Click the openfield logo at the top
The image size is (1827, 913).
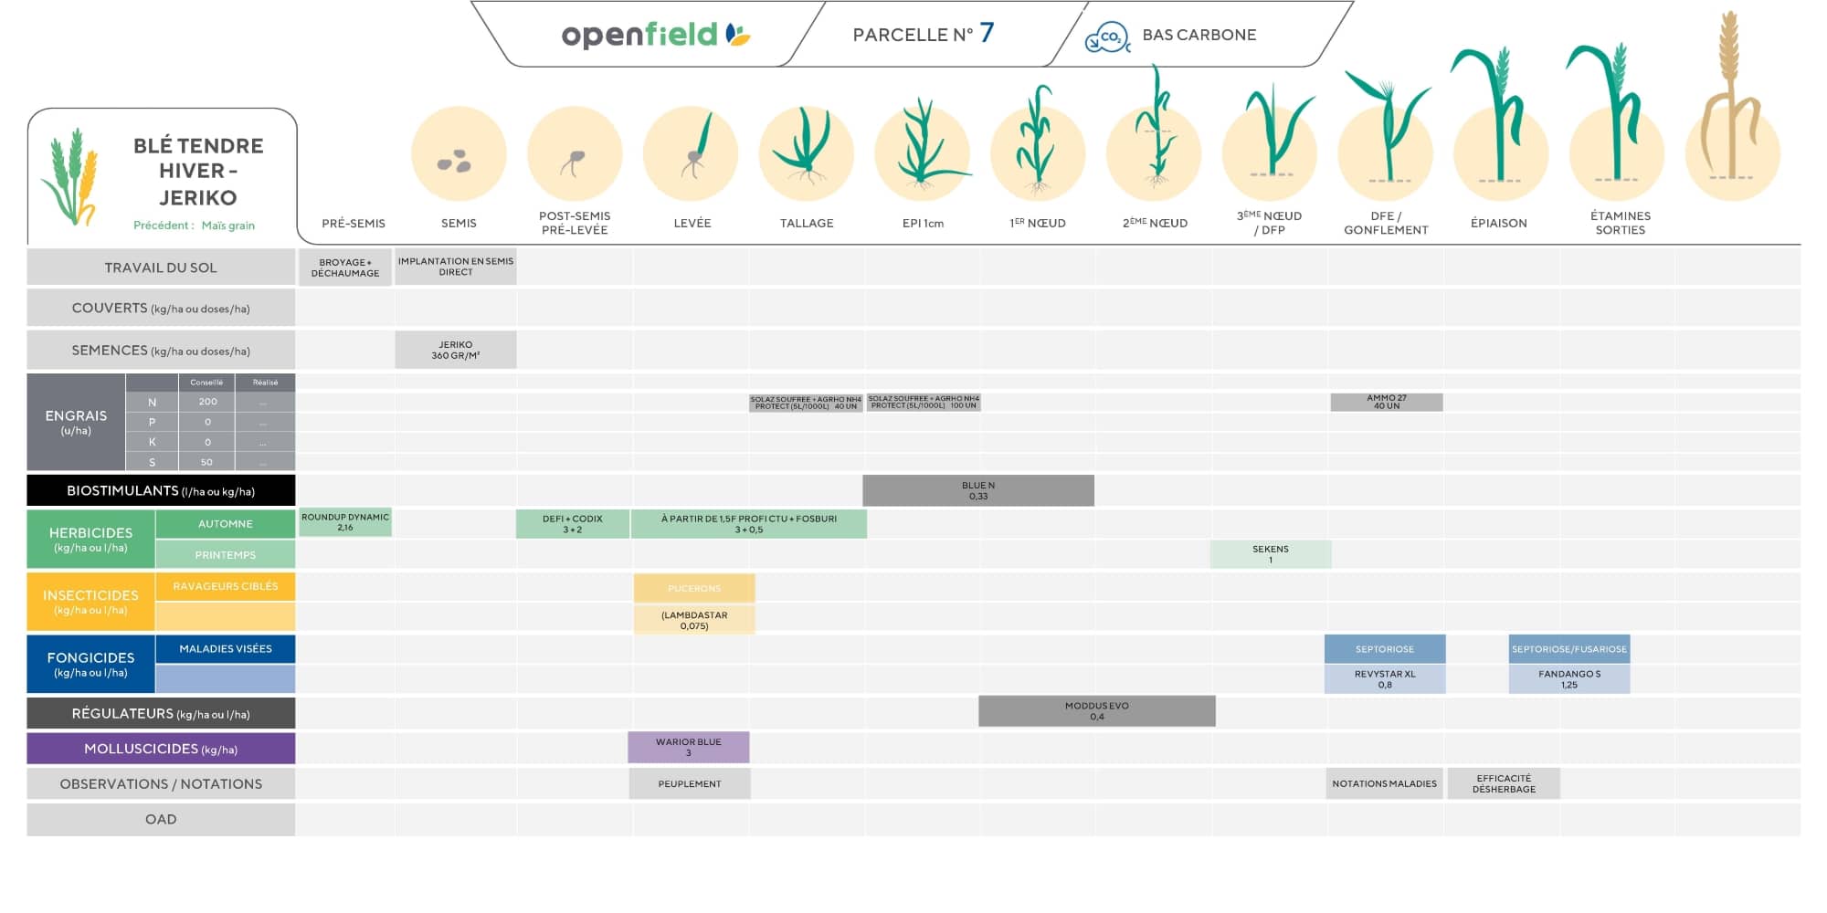(655, 35)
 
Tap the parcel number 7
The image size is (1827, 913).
(987, 34)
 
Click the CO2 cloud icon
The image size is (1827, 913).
(1107, 37)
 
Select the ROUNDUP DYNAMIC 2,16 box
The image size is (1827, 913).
(345, 522)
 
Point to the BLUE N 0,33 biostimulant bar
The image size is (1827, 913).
(977, 490)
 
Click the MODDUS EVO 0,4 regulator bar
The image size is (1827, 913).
(1096, 711)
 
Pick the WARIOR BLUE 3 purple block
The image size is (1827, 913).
(688, 747)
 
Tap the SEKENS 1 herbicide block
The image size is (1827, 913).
(1270, 554)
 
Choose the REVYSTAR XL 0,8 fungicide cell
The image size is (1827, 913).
(1385, 679)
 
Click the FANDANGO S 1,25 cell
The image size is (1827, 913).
(1568, 679)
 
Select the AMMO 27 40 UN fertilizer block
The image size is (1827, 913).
(1386, 402)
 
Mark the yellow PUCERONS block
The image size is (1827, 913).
(694, 588)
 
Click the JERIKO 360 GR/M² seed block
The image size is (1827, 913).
(455, 350)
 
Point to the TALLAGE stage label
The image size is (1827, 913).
(807, 223)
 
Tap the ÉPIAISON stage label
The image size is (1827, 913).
(1498, 223)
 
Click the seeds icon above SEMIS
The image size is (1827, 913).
(455, 162)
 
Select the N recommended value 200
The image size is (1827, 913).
(207, 402)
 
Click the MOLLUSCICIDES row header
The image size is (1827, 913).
(161, 749)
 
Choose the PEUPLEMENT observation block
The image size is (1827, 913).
(690, 783)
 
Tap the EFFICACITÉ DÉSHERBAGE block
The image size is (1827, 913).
(1504, 783)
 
